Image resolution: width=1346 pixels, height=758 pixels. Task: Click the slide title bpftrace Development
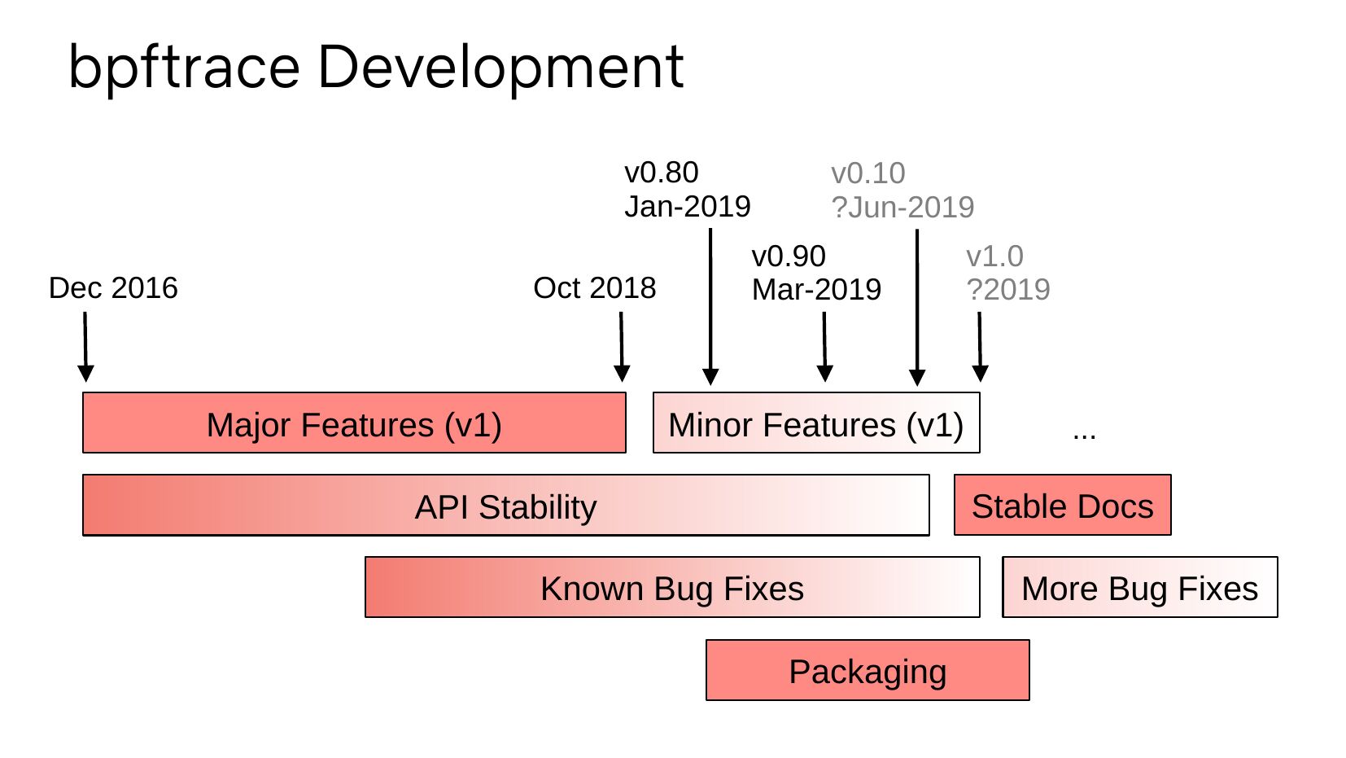[375, 67]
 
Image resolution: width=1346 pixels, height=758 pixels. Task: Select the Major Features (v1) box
[354, 423]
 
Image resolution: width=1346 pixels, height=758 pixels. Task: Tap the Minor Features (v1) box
[815, 423]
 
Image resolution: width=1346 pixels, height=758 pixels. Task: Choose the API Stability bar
[505, 506]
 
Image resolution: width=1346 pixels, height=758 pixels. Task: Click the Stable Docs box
[1062, 506]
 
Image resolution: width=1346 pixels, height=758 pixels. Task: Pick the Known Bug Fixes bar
[671, 588]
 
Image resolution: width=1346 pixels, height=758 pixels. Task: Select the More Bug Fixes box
[1139, 588]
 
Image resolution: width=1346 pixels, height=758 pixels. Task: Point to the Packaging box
[867, 671]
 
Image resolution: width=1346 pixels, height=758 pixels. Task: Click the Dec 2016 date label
[113, 288]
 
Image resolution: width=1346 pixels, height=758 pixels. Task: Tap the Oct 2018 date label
[594, 288]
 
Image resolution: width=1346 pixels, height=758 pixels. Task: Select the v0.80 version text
[661, 173]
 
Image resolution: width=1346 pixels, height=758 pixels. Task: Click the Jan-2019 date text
[687, 207]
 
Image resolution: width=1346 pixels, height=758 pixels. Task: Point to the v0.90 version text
[789, 256]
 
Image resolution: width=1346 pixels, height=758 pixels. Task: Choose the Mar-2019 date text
[816, 290]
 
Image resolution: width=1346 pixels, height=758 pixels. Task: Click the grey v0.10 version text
[867, 173]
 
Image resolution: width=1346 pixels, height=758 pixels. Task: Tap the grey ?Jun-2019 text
[902, 208]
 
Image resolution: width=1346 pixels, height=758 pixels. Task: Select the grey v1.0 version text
[994, 256]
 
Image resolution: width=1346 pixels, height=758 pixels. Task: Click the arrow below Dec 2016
[85, 347]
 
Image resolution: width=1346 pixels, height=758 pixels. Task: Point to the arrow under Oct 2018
[622, 347]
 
